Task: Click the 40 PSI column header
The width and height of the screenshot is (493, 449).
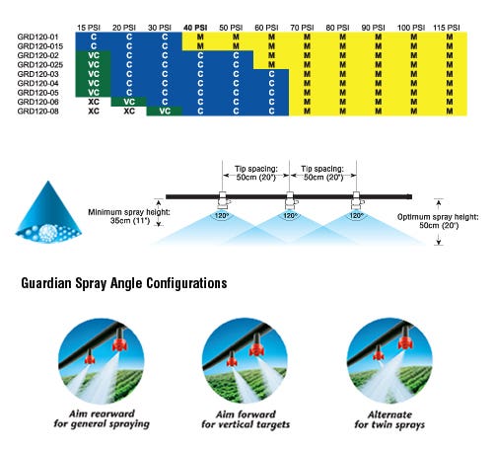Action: [195, 28]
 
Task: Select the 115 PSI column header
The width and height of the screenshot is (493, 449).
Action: [447, 28]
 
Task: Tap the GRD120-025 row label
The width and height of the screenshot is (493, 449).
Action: [40, 64]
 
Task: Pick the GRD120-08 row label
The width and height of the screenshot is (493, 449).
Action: [37, 112]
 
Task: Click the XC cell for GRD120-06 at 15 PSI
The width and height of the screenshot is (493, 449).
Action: [94, 102]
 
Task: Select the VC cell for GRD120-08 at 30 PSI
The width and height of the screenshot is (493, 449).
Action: [165, 112]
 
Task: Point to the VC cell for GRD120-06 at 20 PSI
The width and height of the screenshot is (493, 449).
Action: [129, 102]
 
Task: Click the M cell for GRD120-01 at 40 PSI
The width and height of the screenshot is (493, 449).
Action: [200, 37]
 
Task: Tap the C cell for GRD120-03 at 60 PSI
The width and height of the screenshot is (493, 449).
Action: [271, 74]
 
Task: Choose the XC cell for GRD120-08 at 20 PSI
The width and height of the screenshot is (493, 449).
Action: [129, 112]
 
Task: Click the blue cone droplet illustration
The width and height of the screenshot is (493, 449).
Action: [48, 211]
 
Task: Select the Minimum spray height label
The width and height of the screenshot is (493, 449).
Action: [129, 216]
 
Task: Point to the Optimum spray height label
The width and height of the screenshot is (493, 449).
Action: [438, 221]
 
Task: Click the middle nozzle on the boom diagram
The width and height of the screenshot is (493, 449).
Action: [290, 200]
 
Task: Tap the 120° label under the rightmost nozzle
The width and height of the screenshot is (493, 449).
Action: [355, 216]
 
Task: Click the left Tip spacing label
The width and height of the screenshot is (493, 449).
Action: [256, 173]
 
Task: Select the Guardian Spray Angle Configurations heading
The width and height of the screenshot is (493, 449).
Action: [124, 283]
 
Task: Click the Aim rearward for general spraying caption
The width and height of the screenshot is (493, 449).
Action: [102, 418]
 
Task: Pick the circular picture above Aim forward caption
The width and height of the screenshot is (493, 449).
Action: [245, 360]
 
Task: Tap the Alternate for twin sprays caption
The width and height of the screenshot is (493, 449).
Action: [389, 419]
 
